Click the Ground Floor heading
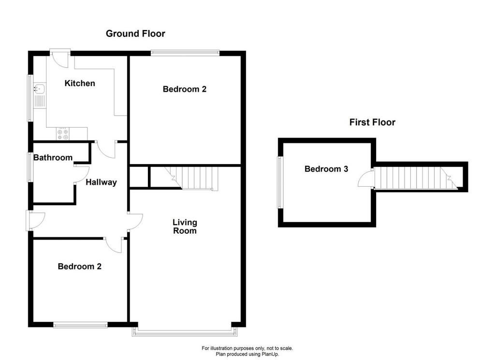point(135,33)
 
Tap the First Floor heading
point(372,122)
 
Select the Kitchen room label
point(80,83)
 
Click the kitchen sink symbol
point(40,89)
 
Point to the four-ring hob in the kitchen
point(63,135)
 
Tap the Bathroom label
point(53,157)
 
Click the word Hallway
point(102,182)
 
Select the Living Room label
point(185,226)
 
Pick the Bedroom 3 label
point(326,169)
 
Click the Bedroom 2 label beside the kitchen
point(185,89)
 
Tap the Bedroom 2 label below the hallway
point(80,267)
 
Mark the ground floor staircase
point(191,178)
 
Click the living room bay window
point(185,331)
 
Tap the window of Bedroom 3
point(280,182)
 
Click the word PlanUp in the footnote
point(270,354)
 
